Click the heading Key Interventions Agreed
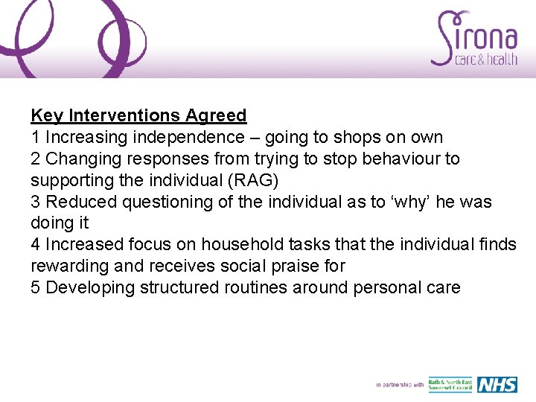(x=138, y=115)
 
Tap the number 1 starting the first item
(x=35, y=138)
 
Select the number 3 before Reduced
(x=35, y=202)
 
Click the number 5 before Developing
(x=35, y=288)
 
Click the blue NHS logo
(x=497, y=384)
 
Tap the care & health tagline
(x=485, y=60)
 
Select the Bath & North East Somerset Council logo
(x=450, y=384)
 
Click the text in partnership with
(x=399, y=385)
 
